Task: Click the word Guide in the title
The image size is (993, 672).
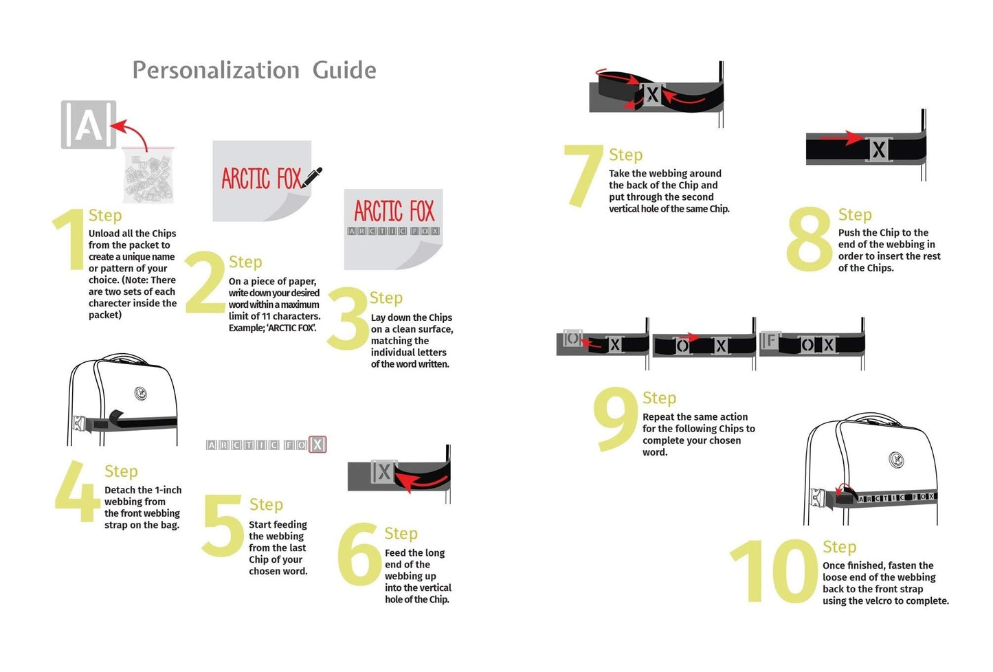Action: (x=344, y=71)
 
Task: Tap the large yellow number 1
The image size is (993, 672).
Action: (x=71, y=238)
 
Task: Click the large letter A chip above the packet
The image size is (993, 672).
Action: (x=89, y=124)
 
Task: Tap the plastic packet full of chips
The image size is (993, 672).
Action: (x=148, y=176)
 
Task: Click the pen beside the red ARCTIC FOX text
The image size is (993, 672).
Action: (x=311, y=177)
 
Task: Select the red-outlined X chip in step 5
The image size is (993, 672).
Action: (x=317, y=444)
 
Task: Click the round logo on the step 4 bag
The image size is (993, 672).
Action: (x=140, y=393)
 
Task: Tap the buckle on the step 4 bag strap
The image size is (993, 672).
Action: (x=78, y=423)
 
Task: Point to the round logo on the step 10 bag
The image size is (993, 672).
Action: (x=897, y=459)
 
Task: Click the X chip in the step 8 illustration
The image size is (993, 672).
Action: (x=879, y=149)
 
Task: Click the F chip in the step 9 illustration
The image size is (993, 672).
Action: (x=770, y=340)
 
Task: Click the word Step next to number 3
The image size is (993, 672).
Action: (x=386, y=298)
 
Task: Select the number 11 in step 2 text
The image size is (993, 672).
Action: (x=265, y=316)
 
